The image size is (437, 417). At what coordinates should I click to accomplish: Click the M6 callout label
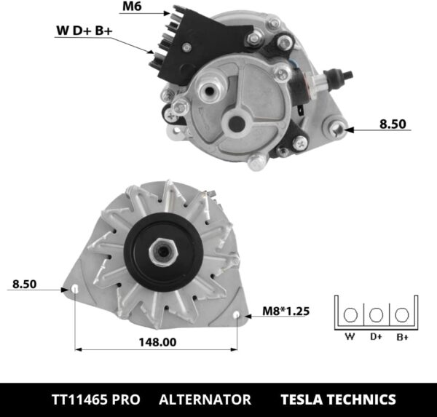pyautogui.click(x=132, y=8)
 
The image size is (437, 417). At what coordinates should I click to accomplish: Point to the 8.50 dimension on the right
pyautogui.click(x=393, y=124)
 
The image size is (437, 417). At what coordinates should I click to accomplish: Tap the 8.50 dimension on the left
pyautogui.click(x=24, y=284)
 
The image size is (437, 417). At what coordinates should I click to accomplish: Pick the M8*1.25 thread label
pyautogui.click(x=286, y=311)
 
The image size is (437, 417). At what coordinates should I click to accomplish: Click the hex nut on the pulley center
pyautogui.click(x=162, y=253)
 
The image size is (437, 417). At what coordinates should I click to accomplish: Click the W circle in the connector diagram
pyautogui.click(x=350, y=315)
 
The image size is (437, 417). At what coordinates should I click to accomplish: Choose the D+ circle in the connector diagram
pyautogui.click(x=376, y=315)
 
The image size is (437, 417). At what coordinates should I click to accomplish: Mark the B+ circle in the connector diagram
pyautogui.click(x=401, y=315)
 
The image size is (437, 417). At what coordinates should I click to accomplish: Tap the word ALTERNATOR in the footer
pyautogui.click(x=205, y=400)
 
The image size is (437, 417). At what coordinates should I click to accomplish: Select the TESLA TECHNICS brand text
pyautogui.click(x=338, y=400)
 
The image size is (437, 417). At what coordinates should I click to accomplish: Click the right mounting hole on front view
pyautogui.click(x=240, y=314)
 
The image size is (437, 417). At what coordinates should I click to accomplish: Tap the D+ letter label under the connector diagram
pyautogui.click(x=376, y=337)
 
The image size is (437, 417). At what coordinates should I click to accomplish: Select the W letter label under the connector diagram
pyautogui.click(x=350, y=337)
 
